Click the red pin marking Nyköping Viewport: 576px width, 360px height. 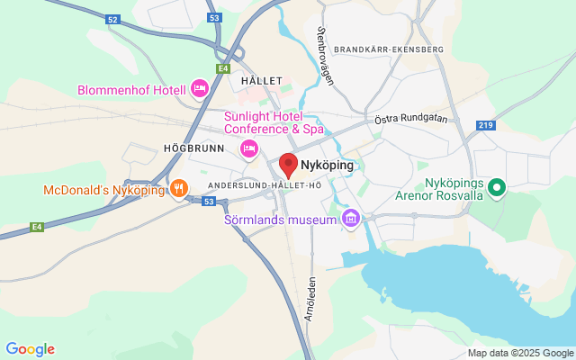(289, 165)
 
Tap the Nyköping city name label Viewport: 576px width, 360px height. (327, 165)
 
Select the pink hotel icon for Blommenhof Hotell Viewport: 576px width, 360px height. (200, 88)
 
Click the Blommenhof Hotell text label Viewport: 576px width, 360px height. (131, 89)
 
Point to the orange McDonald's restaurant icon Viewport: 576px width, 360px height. (179, 189)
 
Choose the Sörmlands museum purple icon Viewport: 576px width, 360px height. (350, 219)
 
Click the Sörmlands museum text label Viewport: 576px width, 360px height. (280, 220)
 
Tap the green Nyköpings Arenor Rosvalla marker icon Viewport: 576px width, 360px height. (496, 188)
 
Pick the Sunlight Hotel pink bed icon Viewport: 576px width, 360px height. (249, 148)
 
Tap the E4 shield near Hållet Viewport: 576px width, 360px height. (222, 68)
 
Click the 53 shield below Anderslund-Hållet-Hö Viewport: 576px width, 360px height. (208, 202)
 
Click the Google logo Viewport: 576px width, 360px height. (30, 349)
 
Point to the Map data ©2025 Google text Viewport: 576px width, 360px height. (519, 353)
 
